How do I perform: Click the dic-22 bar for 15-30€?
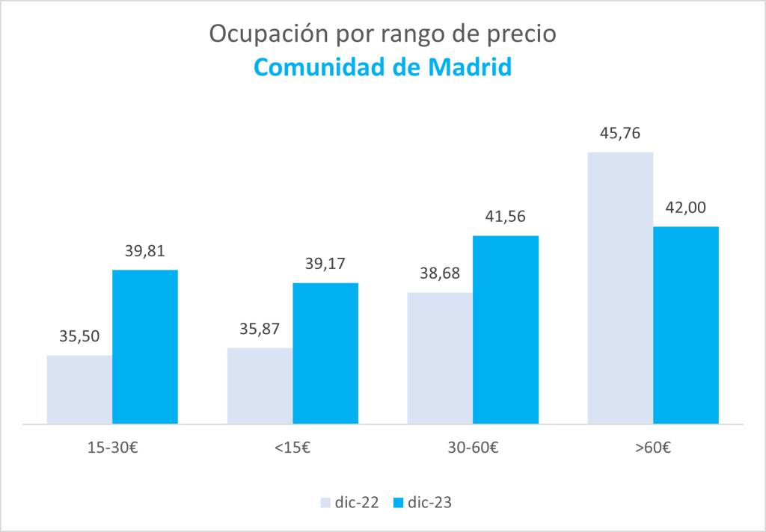[x=79, y=389]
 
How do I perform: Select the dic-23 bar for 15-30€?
[x=145, y=347]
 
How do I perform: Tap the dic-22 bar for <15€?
[x=260, y=386]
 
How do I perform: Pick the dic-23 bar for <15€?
[x=325, y=353]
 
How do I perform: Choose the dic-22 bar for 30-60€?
[x=440, y=358]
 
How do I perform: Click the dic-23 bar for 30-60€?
[x=506, y=330]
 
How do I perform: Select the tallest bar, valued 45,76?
[x=620, y=288]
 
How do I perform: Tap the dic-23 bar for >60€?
[x=686, y=325]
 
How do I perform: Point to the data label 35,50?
[x=79, y=337]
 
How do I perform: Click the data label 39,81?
[x=145, y=252]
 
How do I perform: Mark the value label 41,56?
[x=506, y=217]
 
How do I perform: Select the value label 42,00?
[x=686, y=208]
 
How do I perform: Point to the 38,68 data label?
[x=440, y=274]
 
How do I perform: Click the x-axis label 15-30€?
[x=112, y=448]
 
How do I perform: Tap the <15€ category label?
[x=292, y=448]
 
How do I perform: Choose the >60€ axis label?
[x=653, y=448]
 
